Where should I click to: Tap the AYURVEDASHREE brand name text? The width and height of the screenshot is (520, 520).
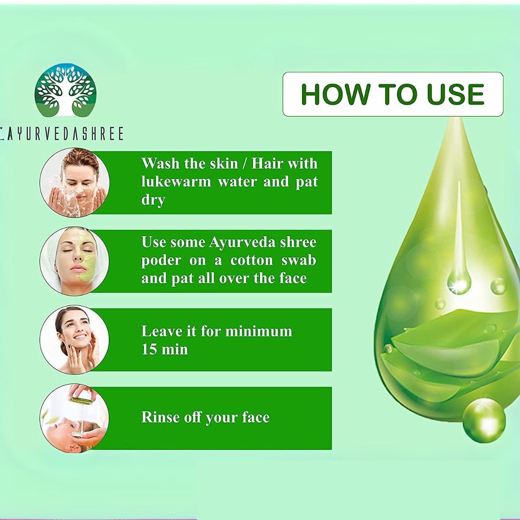(x=62, y=133)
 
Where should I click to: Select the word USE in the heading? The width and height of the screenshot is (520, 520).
(x=455, y=94)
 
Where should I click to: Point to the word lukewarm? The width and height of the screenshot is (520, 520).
(x=176, y=182)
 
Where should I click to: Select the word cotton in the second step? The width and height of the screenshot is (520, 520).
(x=251, y=261)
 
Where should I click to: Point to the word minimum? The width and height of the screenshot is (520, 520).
(x=259, y=331)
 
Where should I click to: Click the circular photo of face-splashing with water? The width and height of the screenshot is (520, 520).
(x=75, y=182)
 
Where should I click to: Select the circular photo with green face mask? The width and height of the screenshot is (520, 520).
(x=75, y=261)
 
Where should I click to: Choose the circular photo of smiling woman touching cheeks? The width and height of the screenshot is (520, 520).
(x=75, y=339)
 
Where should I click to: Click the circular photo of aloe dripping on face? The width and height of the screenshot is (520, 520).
(x=75, y=418)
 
